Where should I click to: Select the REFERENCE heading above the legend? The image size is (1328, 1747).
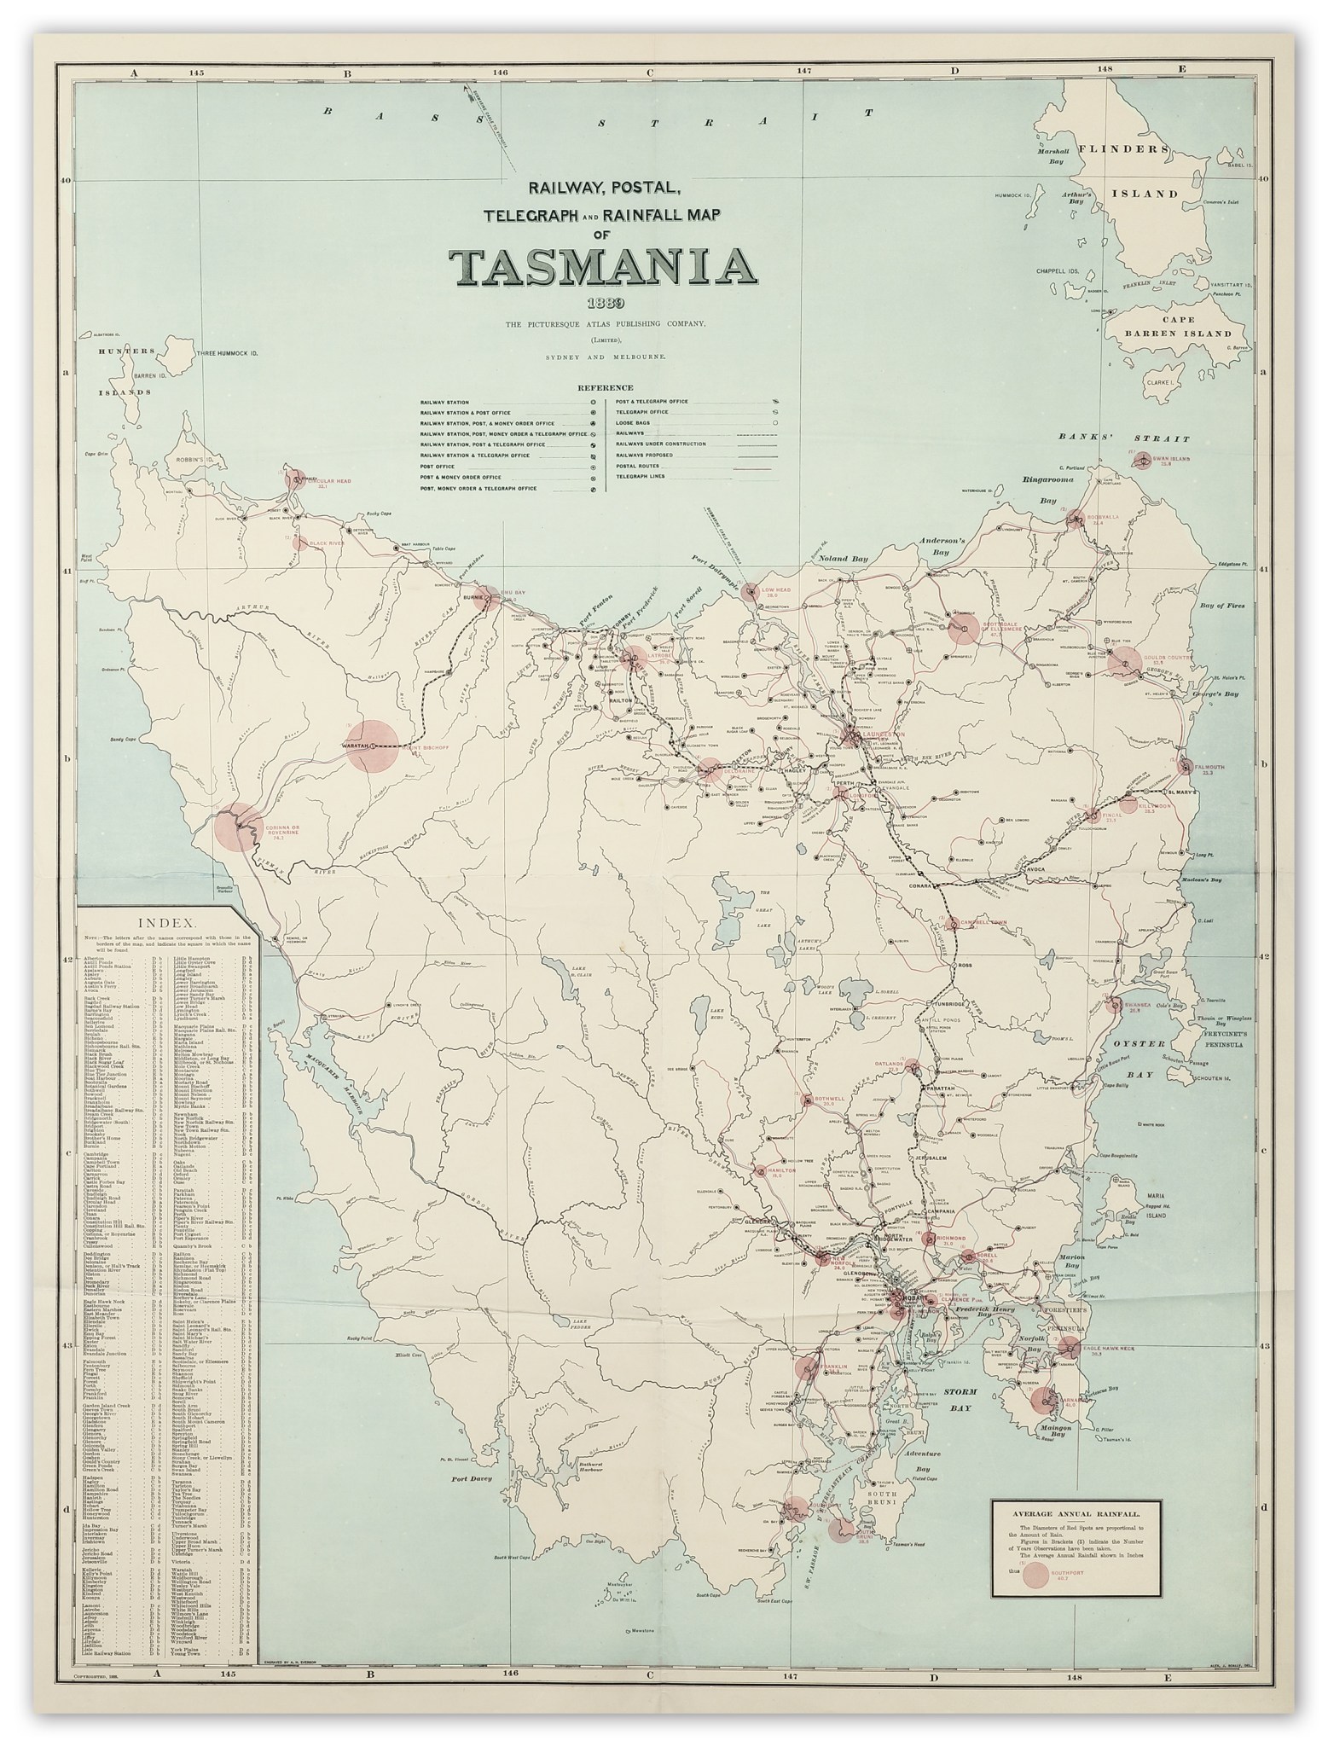point(605,387)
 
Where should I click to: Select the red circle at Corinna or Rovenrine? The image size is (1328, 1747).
point(235,827)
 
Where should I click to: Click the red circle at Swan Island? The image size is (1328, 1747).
point(1142,460)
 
